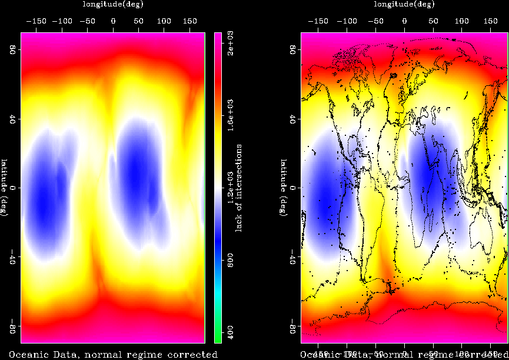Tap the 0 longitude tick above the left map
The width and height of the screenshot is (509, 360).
click(114, 20)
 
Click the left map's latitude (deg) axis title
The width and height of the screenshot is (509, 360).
click(4, 188)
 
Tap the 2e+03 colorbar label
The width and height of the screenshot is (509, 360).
click(231, 45)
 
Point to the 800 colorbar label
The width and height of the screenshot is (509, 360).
click(231, 261)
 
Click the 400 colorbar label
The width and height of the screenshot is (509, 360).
click(231, 333)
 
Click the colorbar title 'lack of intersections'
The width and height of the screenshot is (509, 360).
click(239, 188)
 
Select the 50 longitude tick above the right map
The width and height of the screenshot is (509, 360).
click(433, 20)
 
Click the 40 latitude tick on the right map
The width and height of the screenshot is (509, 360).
click(293, 119)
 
